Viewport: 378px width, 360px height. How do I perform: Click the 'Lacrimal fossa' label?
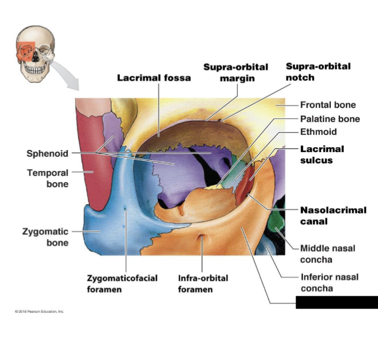[154, 78]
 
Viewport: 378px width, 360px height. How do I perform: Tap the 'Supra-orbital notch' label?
[318, 71]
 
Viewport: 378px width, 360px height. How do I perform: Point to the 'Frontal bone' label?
[328, 105]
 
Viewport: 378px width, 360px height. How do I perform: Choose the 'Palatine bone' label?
[330, 119]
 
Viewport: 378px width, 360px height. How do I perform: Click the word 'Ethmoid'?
[318, 132]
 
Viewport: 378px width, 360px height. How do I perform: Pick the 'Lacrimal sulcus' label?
[322, 154]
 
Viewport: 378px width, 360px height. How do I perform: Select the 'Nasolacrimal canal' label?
[333, 215]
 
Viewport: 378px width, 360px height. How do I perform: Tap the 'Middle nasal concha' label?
[327, 254]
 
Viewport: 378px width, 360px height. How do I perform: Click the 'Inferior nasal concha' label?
[329, 282]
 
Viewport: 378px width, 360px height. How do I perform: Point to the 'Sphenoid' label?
[47, 154]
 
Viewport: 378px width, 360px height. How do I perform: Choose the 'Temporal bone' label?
[48, 178]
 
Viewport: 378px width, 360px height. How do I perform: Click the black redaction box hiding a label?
[336, 302]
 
